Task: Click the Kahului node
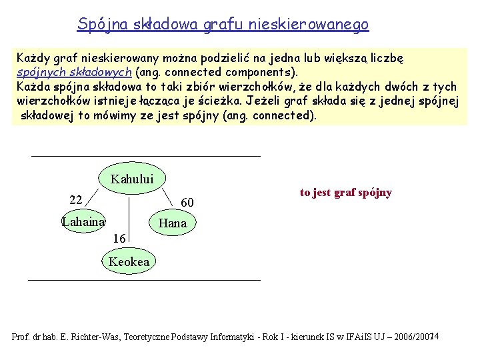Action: coord(132,178)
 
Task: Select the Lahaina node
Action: coord(83,222)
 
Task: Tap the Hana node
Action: coord(173,223)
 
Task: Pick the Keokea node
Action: coord(129,261)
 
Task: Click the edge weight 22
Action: coord(75,200)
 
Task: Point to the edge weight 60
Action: coord(187,202)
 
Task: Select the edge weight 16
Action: coord(119,237)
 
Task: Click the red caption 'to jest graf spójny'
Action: coord(345,193)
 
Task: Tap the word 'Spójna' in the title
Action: coord(99,25)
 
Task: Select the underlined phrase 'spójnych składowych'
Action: coord(74,71)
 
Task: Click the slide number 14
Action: coord(433,336)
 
